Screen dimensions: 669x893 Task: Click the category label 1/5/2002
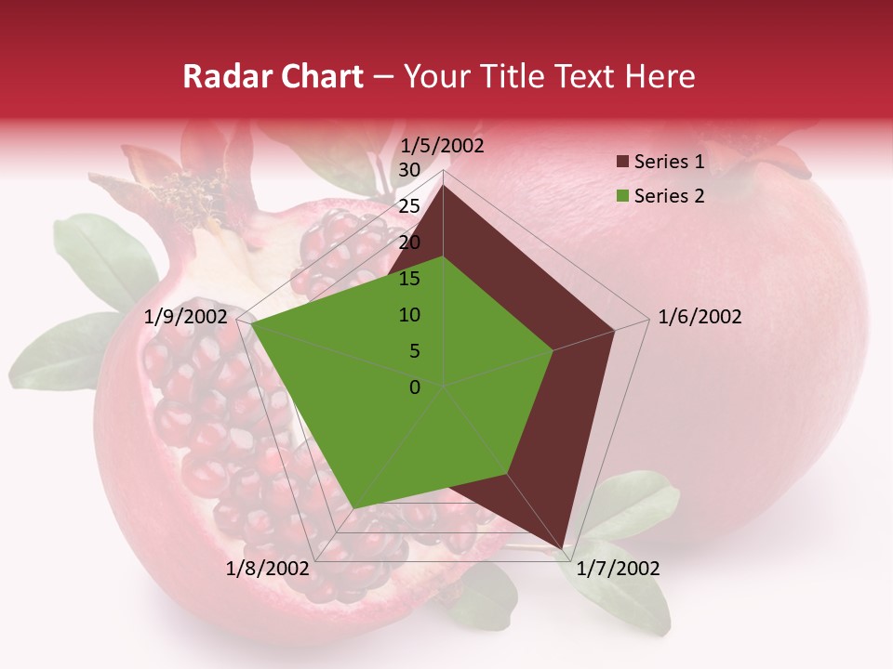coord(443,146)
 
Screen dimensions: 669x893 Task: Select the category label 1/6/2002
coord(700,317)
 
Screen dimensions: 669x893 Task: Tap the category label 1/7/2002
coord(618,569)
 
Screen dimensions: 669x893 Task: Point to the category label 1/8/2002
coord(268,569)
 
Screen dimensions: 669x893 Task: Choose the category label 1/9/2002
coord(186,317)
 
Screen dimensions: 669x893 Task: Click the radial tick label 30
coord(409,170)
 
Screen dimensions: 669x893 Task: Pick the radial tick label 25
coord(409,206)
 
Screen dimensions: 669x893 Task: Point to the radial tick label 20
coord(409,243)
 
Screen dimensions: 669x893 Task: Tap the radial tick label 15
coord(409,279)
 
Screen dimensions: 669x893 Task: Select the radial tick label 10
coord(409,315)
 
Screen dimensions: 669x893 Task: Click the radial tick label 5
coord(414,351)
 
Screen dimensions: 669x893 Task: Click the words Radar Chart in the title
coord(273,77)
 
